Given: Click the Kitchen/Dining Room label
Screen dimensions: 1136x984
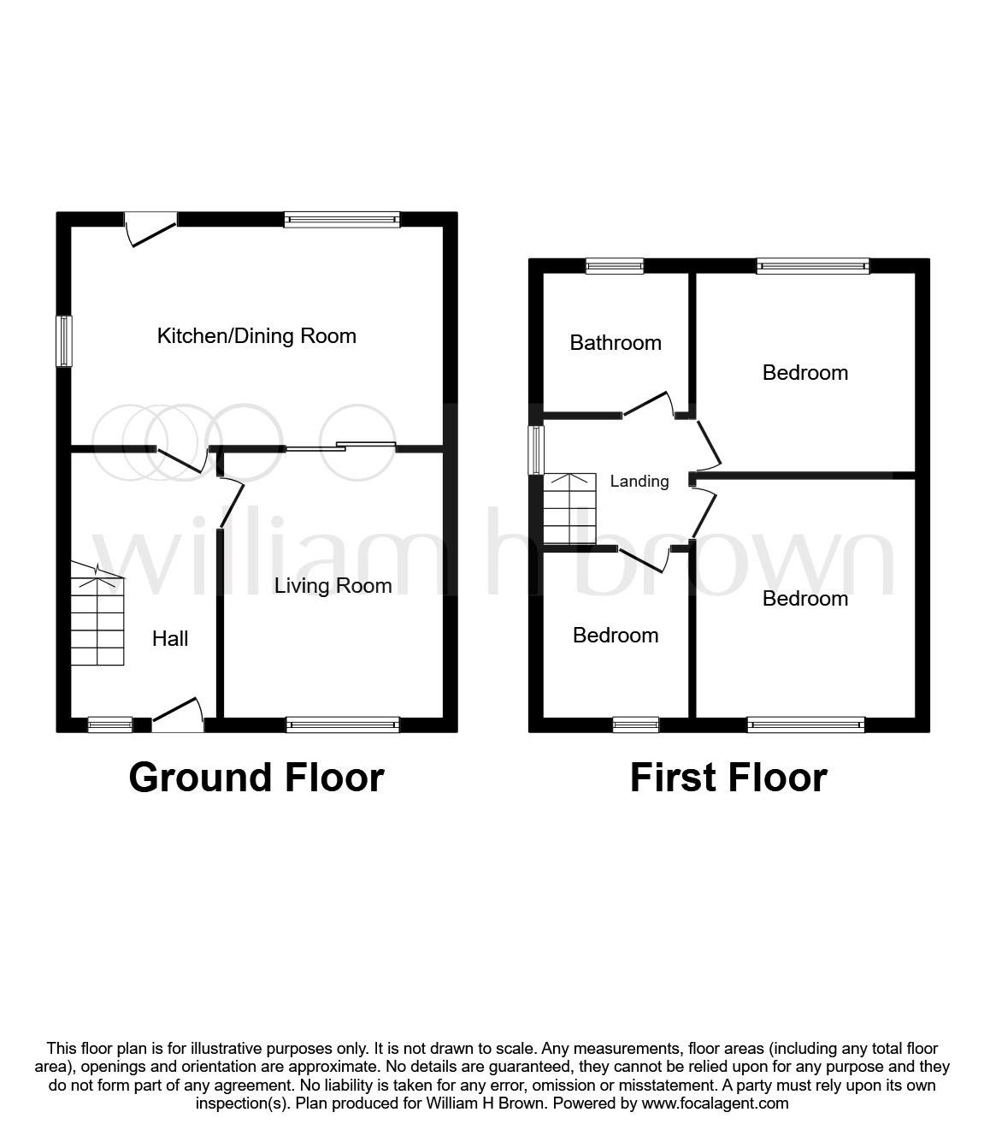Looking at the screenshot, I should pos(256,336).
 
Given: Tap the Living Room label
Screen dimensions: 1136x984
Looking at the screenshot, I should pos(333,586).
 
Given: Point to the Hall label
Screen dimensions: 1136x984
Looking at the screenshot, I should pos(170,639).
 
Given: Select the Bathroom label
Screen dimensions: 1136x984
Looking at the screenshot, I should pos(616,343).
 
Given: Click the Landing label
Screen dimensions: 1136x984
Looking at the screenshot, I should pos(639,482).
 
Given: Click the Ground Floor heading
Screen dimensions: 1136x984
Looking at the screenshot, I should pos(256,778).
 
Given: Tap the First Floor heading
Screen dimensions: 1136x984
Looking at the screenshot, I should pos(728,778).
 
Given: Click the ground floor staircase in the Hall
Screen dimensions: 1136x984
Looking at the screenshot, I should pos(97,620).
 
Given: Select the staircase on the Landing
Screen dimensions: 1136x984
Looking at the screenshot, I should pos(569,509).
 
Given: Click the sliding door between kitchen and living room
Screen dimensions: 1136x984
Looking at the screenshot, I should pos(340,446).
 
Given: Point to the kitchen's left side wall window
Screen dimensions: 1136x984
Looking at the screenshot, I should pos(64,341).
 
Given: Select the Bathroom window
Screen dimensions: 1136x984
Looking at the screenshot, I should pos(615,266).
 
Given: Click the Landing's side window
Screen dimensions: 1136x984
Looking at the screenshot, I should pos(536,450).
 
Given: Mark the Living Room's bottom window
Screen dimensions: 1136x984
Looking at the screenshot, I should pos(343,725).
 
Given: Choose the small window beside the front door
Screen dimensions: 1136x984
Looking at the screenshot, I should pos(110,725).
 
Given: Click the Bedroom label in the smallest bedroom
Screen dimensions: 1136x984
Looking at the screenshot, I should pos(616,636).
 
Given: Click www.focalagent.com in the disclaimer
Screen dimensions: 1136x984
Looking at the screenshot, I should pos(716,1103).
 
